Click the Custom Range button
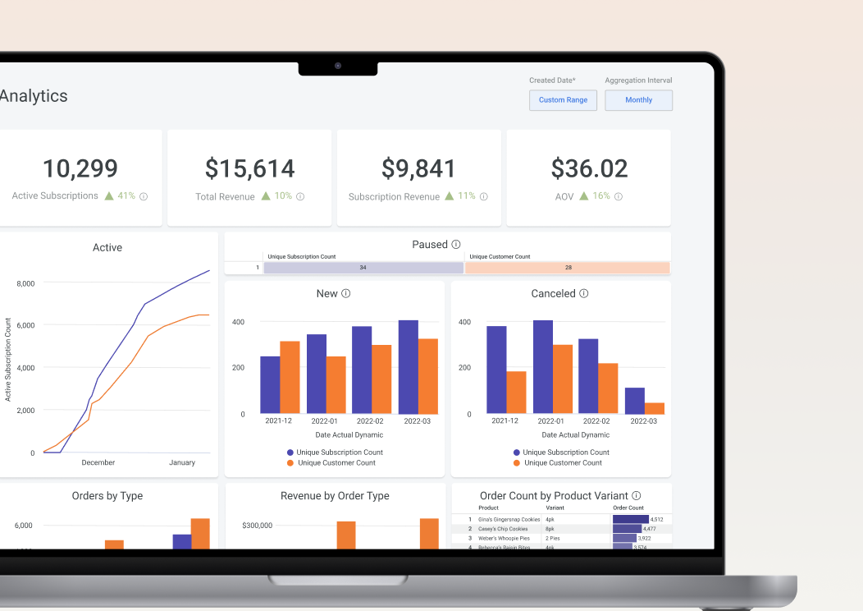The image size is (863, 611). (x=563, y=100)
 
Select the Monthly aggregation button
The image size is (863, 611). (x=638, y=100)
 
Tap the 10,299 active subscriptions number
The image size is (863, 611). (x=80, y=168)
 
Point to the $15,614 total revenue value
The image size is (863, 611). (x=249, y=168)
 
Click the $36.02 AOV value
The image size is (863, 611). (x=589, y=168)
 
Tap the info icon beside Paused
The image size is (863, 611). (x=456, y=245)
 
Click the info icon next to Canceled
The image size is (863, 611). (x=584, y=294)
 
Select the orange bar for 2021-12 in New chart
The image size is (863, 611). (x=290, y=377)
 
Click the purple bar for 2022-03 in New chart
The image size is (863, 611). (x=409, y=366)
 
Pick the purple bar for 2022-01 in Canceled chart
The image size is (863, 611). (x=543, y=366)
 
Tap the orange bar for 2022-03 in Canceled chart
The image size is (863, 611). (x=654, y=408)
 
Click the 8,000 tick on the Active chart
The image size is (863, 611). (x=25, y=283)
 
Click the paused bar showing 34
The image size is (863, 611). (x=363, y=268)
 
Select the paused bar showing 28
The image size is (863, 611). (x=568, y=268)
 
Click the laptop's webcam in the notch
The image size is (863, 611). (x=337, y=66)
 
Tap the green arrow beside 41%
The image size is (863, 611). (x=107, y=196)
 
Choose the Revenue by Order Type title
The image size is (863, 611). (x=335, y=496)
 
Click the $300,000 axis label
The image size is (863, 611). (x=257, y=526)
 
